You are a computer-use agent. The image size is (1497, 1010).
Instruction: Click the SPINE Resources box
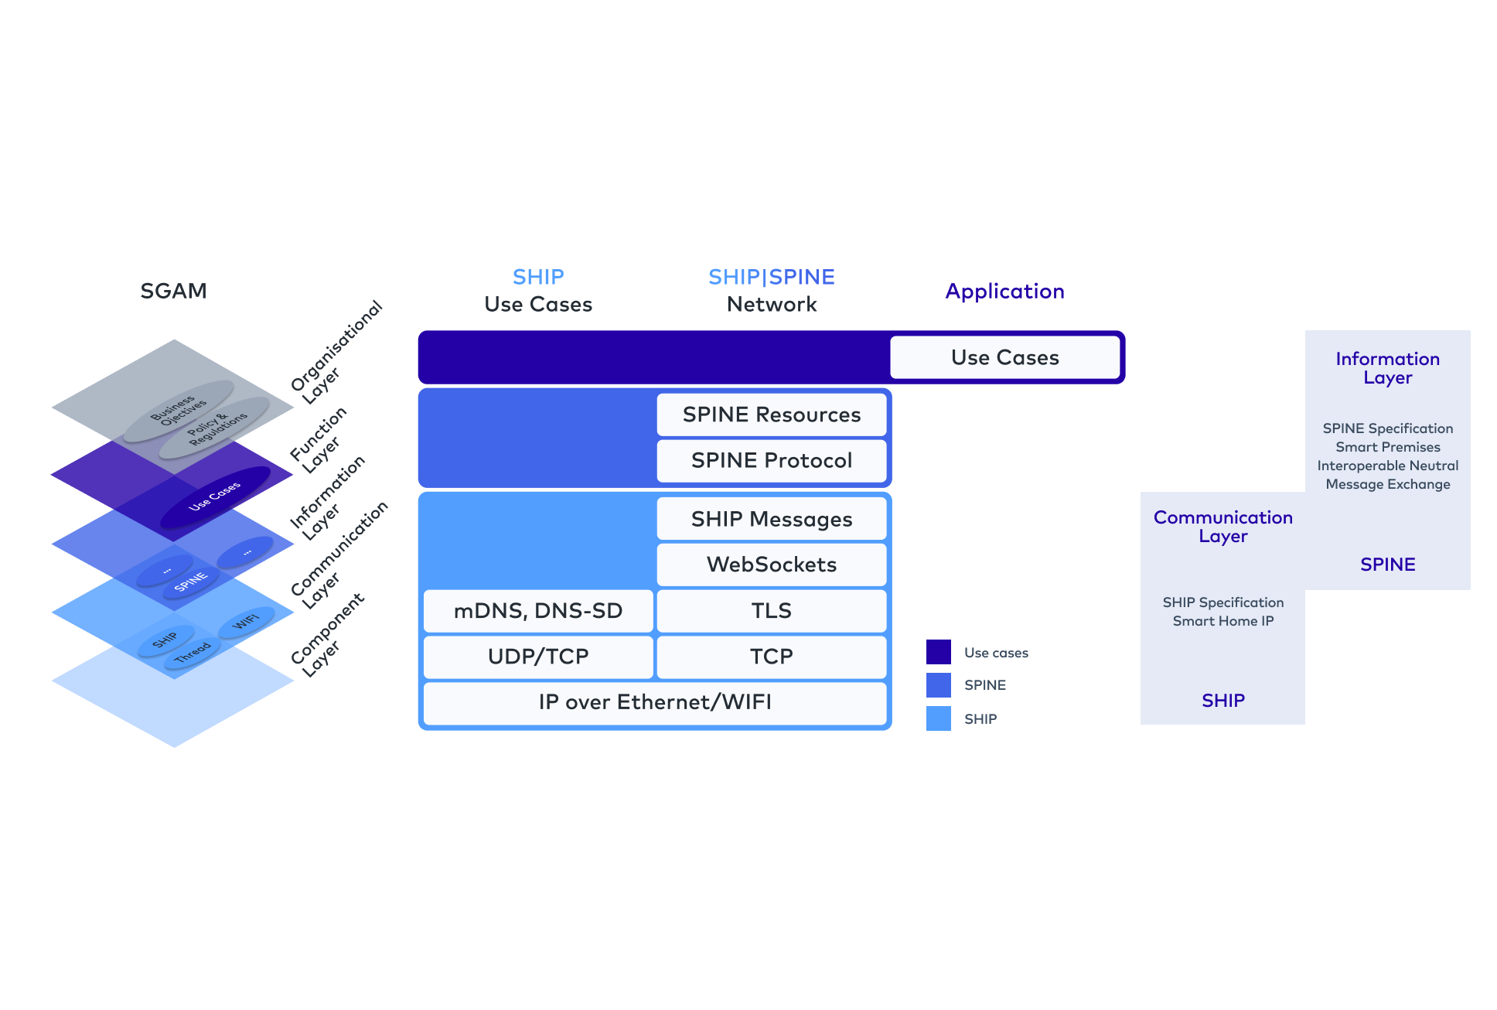point(771,415)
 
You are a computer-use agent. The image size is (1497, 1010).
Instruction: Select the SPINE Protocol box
point(771,460)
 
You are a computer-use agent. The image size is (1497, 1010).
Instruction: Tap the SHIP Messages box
point(771,519)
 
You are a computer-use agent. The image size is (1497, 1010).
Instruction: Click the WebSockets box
point(771,565)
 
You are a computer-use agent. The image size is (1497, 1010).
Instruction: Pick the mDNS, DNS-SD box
point(538,611)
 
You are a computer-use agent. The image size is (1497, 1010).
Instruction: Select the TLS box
point(771,611)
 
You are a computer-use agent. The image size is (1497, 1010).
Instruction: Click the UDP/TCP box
point(538,657)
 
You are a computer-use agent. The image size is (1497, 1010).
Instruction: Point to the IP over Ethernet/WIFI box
point(655,702)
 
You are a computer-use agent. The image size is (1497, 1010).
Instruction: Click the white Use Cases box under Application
point(1004,357)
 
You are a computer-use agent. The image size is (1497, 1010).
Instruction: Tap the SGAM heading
point(173,291)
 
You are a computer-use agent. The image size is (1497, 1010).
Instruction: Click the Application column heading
point(1004,291)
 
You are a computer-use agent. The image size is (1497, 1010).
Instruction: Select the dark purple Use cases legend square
point(938,652)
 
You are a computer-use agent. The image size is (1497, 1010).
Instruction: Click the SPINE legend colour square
point(938,685)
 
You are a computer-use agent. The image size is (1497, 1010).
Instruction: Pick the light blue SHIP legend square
point(938,718)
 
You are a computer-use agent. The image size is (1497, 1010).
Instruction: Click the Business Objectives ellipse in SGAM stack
point(179,411)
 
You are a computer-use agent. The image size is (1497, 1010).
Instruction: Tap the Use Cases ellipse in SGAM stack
point(215,496)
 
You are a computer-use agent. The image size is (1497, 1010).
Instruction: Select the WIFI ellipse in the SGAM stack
point(246,622)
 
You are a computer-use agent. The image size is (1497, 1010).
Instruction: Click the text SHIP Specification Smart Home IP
point(1222,612)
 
